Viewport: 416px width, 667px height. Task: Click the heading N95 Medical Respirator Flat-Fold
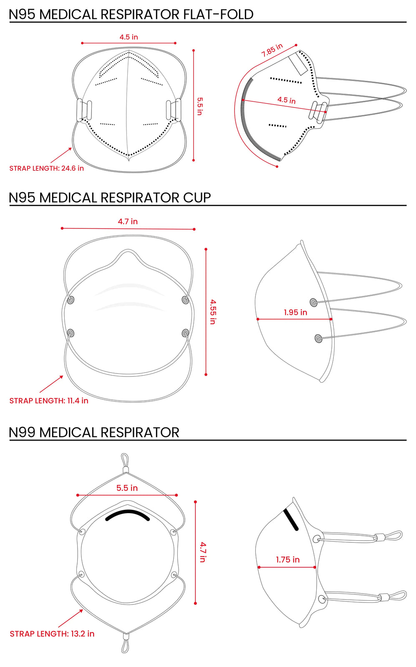pyautogui.click(x=131, y=14)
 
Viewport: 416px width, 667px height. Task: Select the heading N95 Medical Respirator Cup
pyautogui.click(x=110, y=197)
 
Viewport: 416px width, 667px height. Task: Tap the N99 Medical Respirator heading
pyautogui.click(x=94, y=432)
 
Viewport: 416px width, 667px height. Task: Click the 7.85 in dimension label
pyautogui.click(x=272, y=50)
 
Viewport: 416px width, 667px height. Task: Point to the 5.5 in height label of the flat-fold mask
pyautogui.click(x=200, y=106)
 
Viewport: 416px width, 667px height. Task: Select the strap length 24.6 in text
pyautogui.click(x=46, y=168)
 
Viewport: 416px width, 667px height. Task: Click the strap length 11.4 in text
pyautogui.click(x=49, y=401)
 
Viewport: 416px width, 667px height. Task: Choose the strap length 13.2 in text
pyautogui.click(x=52, y=634)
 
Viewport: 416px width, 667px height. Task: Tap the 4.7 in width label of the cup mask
pyautogui.click(x=128, y=221)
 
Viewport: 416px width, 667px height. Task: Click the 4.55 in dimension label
pyautogui.click(x=213, y=311)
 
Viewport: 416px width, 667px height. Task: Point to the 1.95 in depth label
pyautogui.click(x=295, y=312)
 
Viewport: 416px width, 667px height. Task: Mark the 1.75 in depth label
pyautogui.click(x=287, y=559)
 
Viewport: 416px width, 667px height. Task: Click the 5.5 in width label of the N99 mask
pyautogui.click(x=127, y=488)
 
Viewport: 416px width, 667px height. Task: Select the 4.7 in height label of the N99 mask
pyautogui.click(x=203, y=552)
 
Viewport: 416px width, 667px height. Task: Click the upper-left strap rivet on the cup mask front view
pyautogui.click(x=71, y=300)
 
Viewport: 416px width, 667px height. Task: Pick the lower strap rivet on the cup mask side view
pyautogui.click(x=318, y=338)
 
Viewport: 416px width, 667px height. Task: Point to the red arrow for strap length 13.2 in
pyautogui.click(x=71, y=618)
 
